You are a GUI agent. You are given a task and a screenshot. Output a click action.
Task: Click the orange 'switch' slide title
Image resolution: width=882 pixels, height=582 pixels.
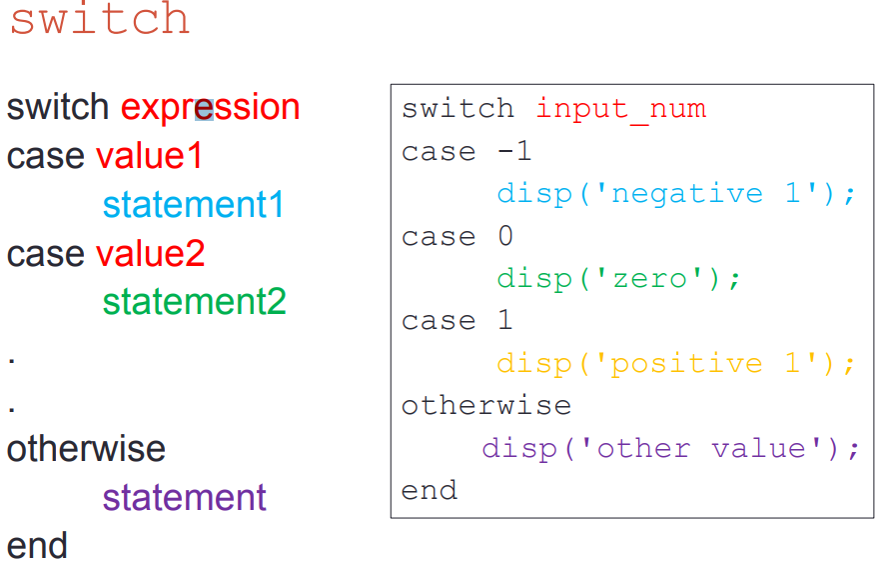(x=100, y=18)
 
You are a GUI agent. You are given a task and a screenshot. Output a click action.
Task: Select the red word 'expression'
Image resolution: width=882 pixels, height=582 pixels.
(x=210, y=107)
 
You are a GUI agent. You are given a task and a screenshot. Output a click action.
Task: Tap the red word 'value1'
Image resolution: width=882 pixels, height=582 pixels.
(x=149, y=156)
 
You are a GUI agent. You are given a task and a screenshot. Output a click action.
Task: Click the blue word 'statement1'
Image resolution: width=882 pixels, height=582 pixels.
(x=193, y=205)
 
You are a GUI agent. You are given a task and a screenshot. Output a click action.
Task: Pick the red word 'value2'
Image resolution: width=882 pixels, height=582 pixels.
(x=150, y=254)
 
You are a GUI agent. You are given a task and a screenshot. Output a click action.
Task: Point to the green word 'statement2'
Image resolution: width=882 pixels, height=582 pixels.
(x=194, y=302)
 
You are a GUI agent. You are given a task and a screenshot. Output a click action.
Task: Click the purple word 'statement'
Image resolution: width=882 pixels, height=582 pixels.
(x=184, y=497)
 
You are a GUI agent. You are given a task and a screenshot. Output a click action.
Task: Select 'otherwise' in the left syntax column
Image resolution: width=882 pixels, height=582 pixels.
(x=86, y=449)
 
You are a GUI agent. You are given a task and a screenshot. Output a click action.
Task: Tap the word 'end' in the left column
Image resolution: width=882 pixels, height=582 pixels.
(x=37, y=546)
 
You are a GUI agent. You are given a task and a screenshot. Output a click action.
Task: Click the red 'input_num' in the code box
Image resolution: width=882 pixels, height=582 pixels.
(x=621, y=109)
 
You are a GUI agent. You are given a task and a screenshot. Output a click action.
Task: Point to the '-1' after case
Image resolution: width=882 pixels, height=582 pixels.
(x=514, y=151)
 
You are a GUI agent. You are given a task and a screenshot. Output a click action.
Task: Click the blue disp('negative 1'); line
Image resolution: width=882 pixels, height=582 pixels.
(x=676, y=194)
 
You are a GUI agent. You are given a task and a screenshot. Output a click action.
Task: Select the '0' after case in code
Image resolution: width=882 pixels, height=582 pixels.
(x=505, y=236)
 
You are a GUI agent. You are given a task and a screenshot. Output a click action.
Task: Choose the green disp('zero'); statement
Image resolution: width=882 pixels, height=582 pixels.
(x=618, y=279)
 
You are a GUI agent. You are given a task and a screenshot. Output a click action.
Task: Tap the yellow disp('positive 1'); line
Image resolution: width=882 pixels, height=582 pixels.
(x=676, y=364)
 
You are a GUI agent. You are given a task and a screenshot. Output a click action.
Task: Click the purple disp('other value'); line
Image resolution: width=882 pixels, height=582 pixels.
(x=670, y=449)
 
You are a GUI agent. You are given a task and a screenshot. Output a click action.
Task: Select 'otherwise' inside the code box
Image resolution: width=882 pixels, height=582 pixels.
(x=486, y=406)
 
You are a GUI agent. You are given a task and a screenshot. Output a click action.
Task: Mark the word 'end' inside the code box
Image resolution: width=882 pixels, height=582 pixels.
(x=430, y=490)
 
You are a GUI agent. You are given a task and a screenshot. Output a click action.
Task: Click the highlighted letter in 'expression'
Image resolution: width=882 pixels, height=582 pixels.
(x=204, y=109)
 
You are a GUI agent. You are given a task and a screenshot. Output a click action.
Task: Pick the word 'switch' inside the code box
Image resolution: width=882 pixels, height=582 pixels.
(x=457, y=108)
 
